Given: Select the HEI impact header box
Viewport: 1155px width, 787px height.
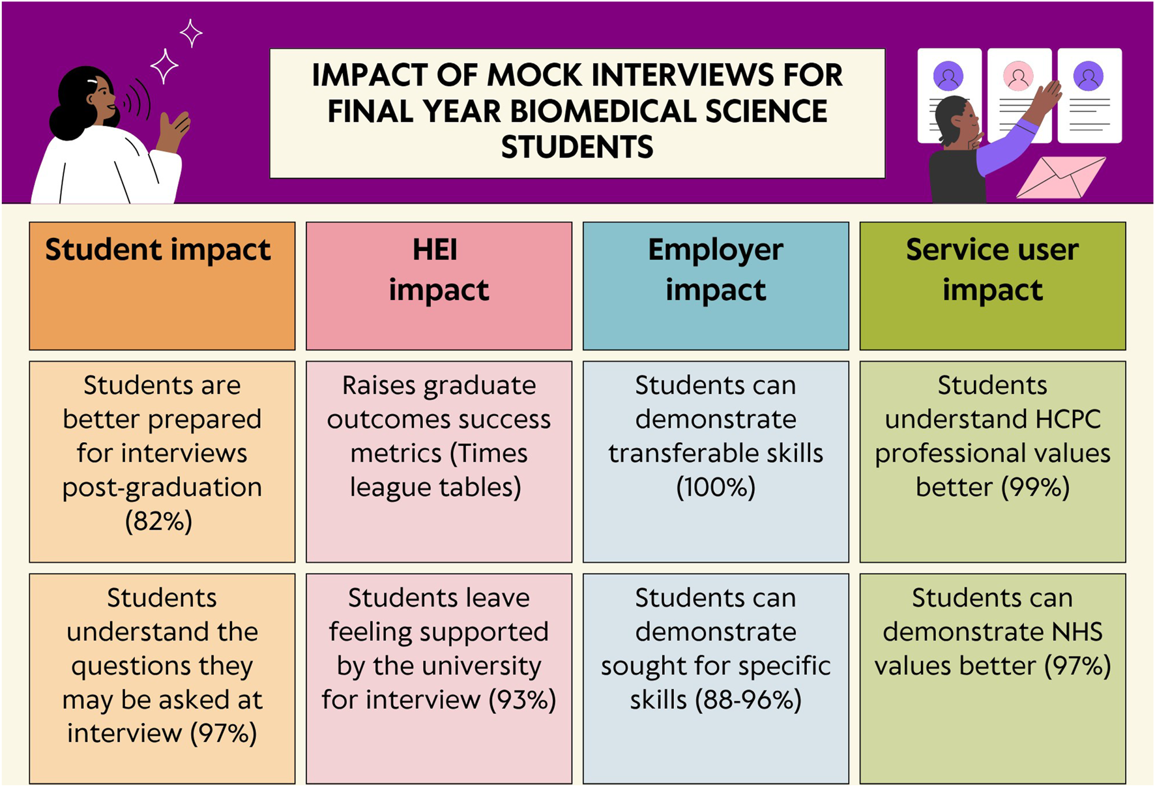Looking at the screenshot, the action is [x=439, y=286].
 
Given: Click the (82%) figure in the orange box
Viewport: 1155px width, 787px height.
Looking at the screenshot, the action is [x=159, y=521].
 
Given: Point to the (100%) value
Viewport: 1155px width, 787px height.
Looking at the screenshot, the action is [x=716, y=487].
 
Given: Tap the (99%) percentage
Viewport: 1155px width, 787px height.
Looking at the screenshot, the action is [x=1035, y=487].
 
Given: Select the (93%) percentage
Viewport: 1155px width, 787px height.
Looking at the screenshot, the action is [x=522, y=700].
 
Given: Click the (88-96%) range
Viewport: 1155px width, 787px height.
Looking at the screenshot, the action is [x=748, y=700].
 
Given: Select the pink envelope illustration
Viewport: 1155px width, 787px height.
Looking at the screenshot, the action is [x=1060, y=177].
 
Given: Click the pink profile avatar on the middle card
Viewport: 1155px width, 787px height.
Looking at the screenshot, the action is [x=1018, y=76].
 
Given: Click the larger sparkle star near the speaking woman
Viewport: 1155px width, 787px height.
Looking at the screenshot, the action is [x=164, y=66].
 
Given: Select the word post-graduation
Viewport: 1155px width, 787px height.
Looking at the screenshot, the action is [x=162, y=488].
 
